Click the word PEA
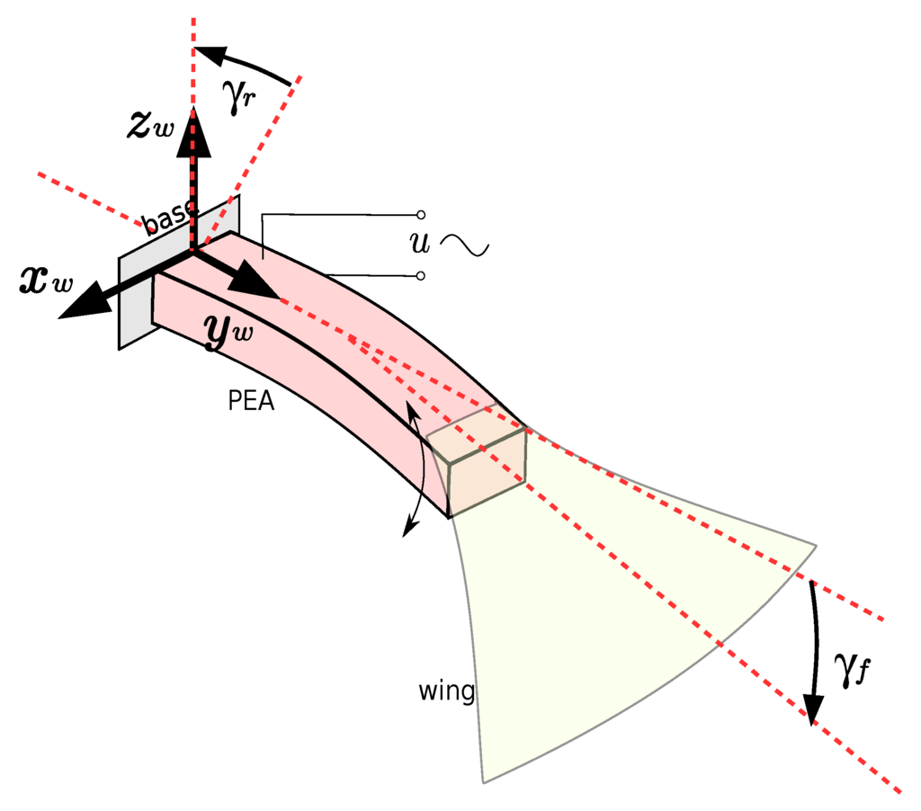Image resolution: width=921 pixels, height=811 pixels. tap(251, 401)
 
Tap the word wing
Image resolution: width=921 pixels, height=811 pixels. tap(446, 691)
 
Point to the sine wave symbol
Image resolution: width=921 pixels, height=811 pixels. tap(465, 245)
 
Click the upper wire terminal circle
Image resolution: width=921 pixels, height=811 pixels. tap(421, 215)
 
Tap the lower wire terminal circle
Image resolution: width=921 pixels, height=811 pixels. tap(421, 275)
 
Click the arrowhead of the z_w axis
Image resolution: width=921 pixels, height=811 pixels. tap(193, 120)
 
